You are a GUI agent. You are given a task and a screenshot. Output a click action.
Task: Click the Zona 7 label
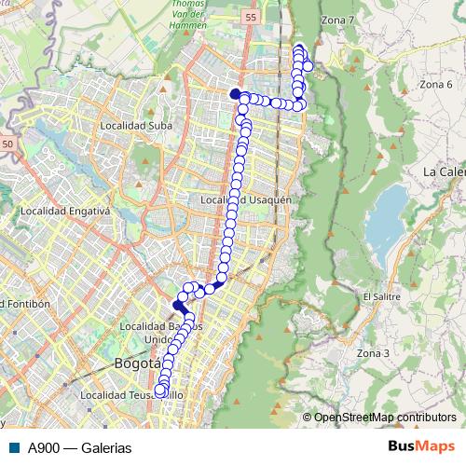point(337,20)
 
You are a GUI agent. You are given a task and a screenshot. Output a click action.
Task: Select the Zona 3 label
point(372,353)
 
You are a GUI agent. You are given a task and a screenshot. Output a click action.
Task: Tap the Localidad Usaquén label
point(247,199)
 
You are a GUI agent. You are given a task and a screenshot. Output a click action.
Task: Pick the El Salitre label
point(381,296)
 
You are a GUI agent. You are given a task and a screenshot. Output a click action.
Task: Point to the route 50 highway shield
point(7,144)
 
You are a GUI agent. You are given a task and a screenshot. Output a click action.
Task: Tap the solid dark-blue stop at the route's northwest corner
point(236,93)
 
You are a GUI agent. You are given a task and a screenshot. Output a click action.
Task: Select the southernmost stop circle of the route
point(160,391)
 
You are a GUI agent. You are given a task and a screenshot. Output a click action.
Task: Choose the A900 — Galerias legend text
point(79,447)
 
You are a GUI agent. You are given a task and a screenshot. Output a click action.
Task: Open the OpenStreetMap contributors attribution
point(384,417)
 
